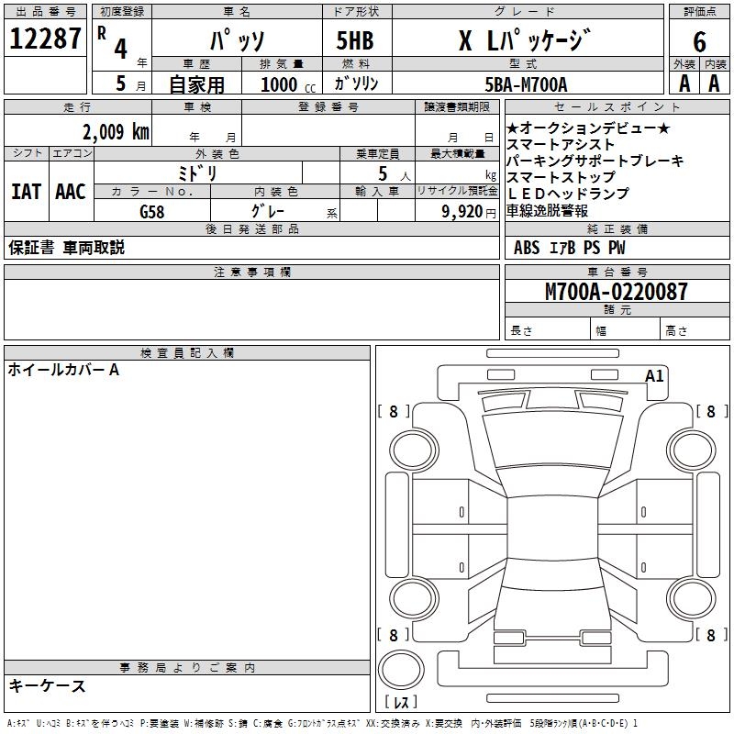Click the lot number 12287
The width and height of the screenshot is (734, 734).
[46, 39]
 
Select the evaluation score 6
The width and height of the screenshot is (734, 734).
[699, 41]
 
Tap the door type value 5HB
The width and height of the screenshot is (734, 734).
[354, 41]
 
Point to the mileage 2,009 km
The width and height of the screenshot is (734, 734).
[115, 131]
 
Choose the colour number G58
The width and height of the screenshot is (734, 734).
[152, 211]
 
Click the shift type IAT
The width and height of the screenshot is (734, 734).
[26, 192]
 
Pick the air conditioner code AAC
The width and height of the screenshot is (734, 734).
[71, 192]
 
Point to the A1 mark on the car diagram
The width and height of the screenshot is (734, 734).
[654, 375]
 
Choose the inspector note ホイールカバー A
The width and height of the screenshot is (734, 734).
[63, 370]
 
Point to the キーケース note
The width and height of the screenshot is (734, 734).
[48, 685]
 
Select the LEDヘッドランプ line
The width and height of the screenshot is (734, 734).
[568, 194]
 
